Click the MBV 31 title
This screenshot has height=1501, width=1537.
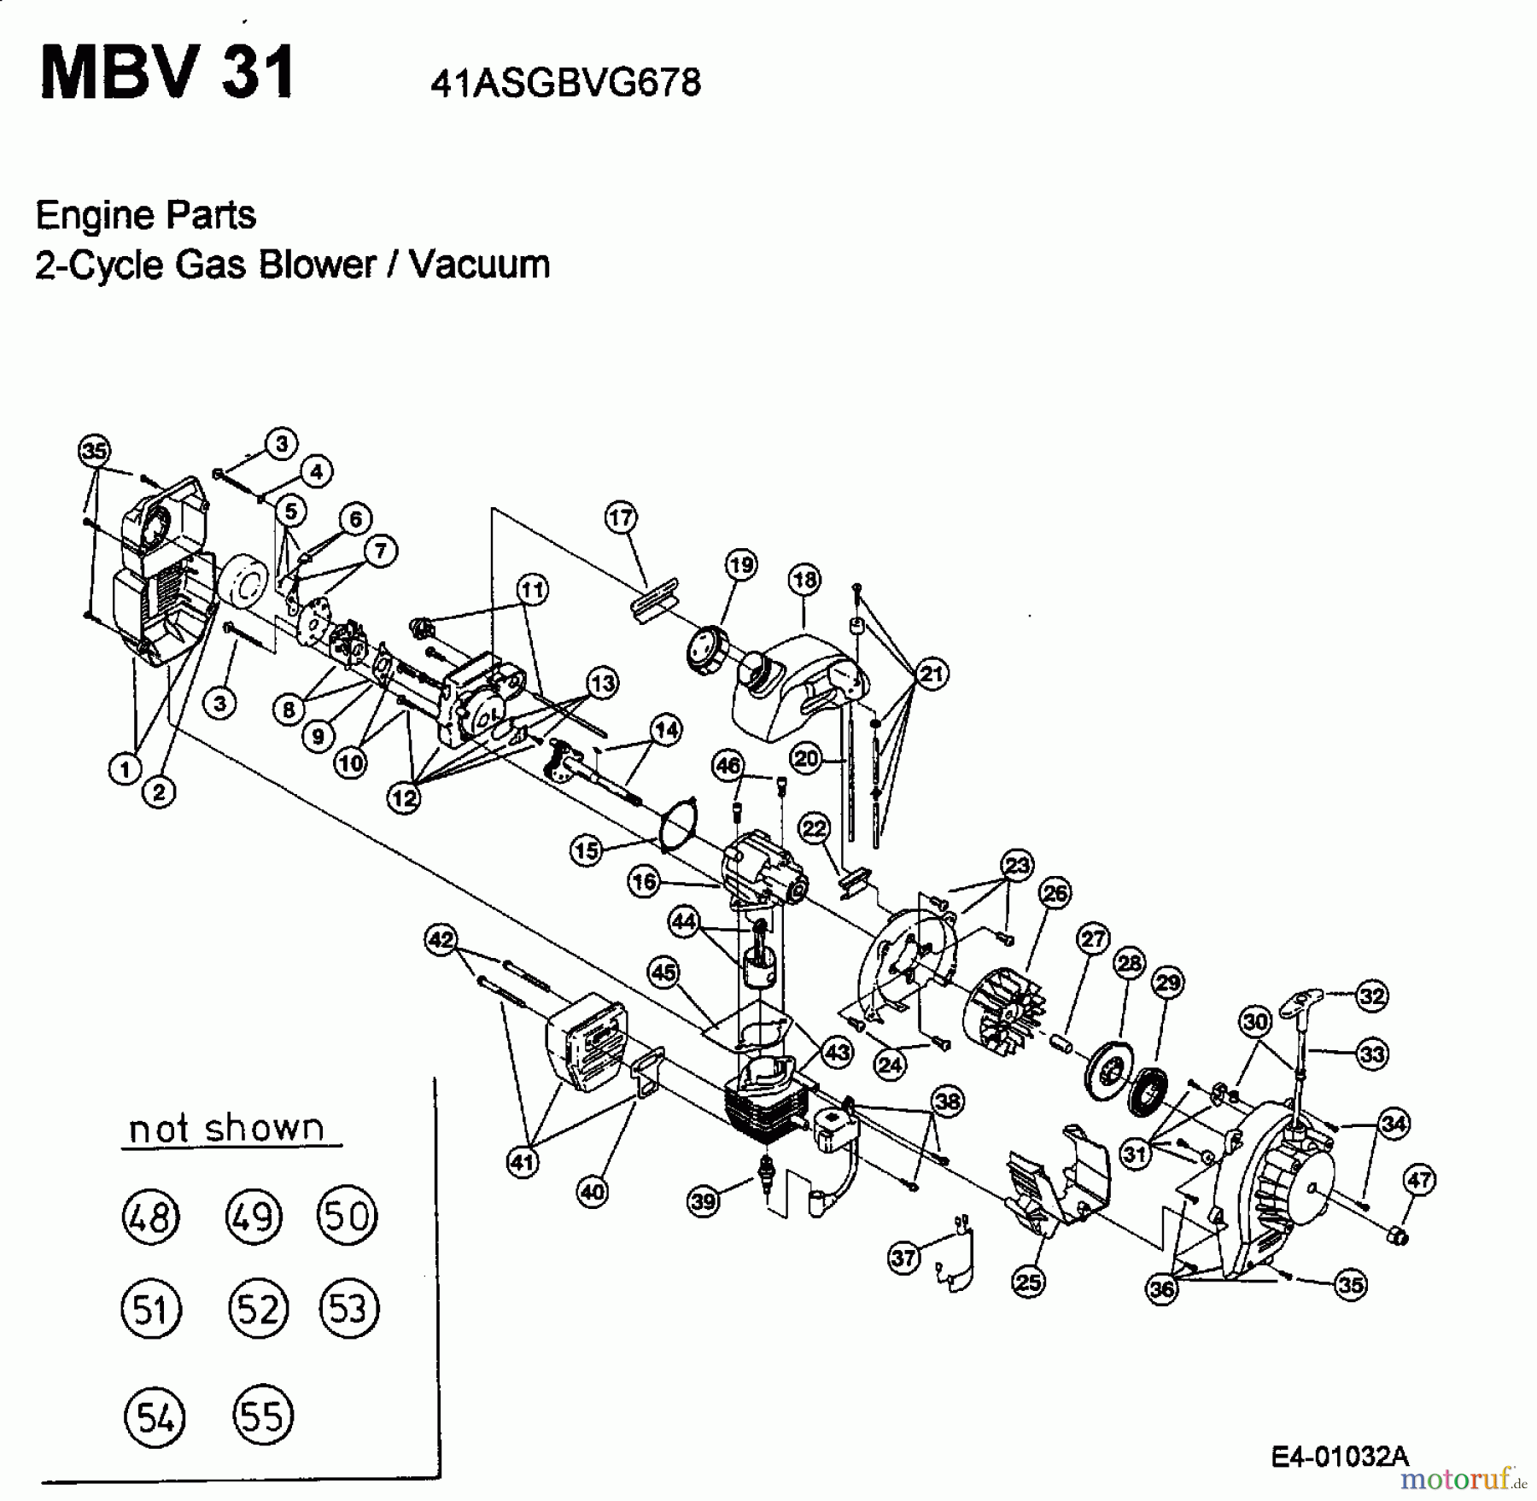click(x=167, y=74)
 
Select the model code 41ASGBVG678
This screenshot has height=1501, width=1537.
click(x=565, y=84)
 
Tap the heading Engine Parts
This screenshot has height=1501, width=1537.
click(x=145, y=215)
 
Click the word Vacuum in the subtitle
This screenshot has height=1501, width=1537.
click(x=479, y=265)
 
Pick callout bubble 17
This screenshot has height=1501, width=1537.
click(x=621, y=517)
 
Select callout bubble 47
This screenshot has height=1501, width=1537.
click(x=1419, y=1181)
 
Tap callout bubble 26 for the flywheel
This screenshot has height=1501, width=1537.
click(x=1055, y=894)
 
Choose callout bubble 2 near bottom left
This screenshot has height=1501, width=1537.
click(x=159, y=792)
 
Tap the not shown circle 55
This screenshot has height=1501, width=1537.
click(x=262, y=1416)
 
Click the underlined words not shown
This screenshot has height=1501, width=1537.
click(x=227, y=1129)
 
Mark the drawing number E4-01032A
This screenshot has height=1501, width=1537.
click(x=1339, y=1457)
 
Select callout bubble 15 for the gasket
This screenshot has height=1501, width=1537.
click(x=587, y=850)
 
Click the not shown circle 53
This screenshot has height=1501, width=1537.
click(x=348, y=1309)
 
